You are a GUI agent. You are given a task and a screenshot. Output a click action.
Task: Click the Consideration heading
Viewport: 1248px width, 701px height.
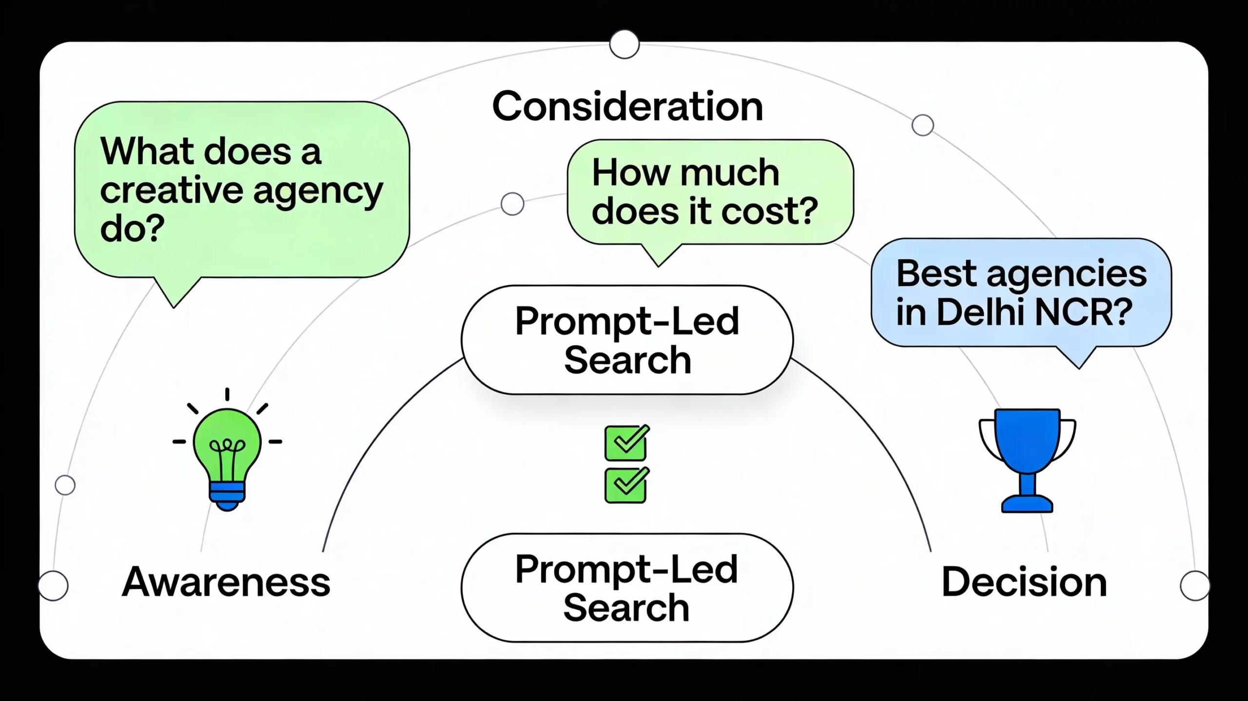[x=627, y=106]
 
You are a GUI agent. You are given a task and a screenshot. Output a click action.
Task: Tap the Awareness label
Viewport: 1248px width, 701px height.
[x=226, y=582]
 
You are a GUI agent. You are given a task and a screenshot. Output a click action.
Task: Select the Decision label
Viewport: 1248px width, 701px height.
[x=1024, y=582]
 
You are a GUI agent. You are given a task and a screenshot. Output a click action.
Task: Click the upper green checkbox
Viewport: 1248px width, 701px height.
[x=625, y=443]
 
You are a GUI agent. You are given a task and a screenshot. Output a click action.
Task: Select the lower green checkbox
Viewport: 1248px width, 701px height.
[x=625, y=486]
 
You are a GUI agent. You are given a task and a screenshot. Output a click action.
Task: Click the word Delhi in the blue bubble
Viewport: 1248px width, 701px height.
[x=980, y=312]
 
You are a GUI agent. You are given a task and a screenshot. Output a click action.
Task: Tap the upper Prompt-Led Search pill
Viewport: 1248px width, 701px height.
[x=627, y=340]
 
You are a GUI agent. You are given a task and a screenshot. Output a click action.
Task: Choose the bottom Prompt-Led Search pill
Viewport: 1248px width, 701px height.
[x=627, y=588]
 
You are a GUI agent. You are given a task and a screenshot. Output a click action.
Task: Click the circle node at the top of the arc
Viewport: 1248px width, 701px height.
[x=624, y=44]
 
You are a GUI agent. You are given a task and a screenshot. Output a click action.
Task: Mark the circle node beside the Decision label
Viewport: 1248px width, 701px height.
[x=1194, y=585]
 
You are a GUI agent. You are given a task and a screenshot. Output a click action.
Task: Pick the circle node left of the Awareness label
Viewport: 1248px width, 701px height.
[x=53, y=585]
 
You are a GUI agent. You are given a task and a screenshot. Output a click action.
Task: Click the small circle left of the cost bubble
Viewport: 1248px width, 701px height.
[x=512, y=204]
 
